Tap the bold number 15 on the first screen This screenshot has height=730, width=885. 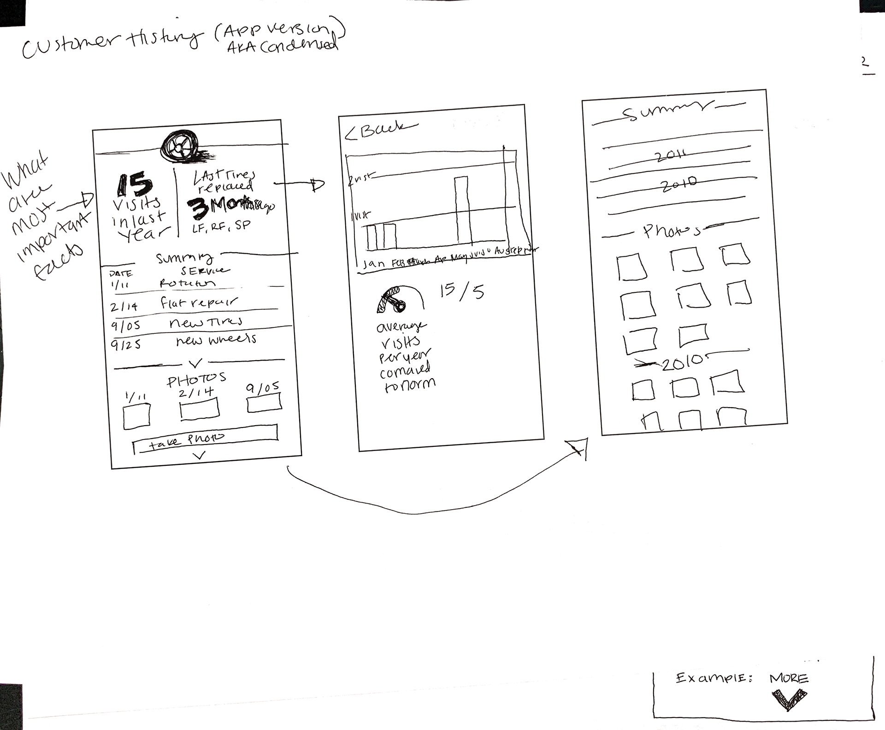click(x=134, y=185)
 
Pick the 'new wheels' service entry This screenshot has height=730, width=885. click(x=216, y=340)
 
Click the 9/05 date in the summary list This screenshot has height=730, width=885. click(x=125, y=326)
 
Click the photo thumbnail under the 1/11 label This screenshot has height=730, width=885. click(x=136, y=415)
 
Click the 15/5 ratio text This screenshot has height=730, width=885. click(x=461, y=292)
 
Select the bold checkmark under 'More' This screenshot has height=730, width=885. click(x=790, y=699)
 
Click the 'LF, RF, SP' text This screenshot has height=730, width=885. click(x=222, y=226)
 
